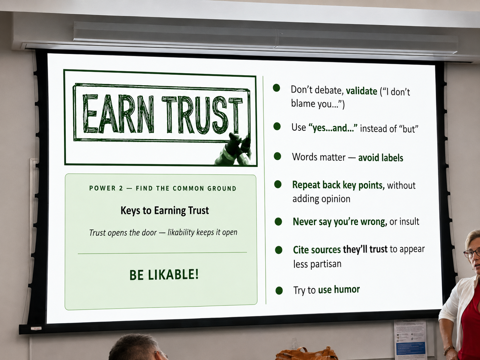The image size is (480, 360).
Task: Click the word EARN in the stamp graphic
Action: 118,114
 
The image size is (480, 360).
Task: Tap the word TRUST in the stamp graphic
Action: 202,115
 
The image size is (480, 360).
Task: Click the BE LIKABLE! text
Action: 164,275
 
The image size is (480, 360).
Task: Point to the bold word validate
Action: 361,91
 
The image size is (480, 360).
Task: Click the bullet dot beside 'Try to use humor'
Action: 279,291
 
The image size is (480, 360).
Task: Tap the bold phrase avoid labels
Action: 381,158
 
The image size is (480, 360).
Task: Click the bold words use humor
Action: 339,290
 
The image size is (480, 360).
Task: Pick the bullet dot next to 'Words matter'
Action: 277,156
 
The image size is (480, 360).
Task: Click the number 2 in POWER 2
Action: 121,188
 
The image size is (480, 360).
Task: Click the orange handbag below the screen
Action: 306,354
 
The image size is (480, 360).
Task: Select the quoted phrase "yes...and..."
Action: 333,128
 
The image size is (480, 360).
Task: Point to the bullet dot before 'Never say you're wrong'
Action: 278,222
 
